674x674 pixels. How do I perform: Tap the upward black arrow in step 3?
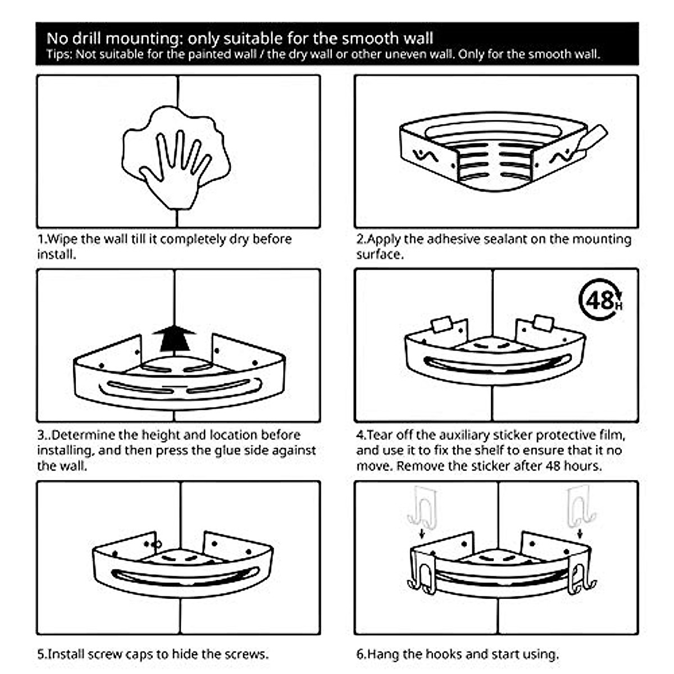(x=174, y=338)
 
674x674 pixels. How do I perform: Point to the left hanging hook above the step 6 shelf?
(x=421, y=508)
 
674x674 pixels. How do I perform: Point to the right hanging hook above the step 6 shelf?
(x=580, y=507)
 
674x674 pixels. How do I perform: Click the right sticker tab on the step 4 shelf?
(x=543, y=323)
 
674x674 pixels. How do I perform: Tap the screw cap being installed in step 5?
(x=157, y=544)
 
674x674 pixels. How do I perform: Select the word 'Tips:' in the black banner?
(x=59, y=54)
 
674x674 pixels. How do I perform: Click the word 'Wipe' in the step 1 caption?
(x=62, y=239)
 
